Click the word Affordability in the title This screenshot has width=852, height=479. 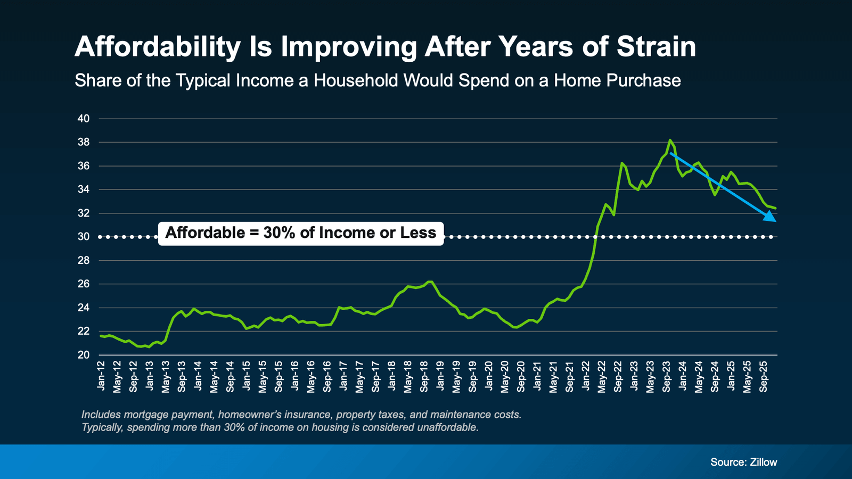click(158, 47)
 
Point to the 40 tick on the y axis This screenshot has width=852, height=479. click(84, 119)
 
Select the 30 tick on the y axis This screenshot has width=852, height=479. click(84, 237)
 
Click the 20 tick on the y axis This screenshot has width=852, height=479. click(84, 355)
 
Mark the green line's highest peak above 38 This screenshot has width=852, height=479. click(670, 140)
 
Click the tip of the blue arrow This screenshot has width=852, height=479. click(775, 221)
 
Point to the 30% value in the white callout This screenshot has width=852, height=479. click(280, 233)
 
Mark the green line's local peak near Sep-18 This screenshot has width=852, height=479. click(430, 282)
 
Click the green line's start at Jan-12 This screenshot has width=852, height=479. click(101, 336)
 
